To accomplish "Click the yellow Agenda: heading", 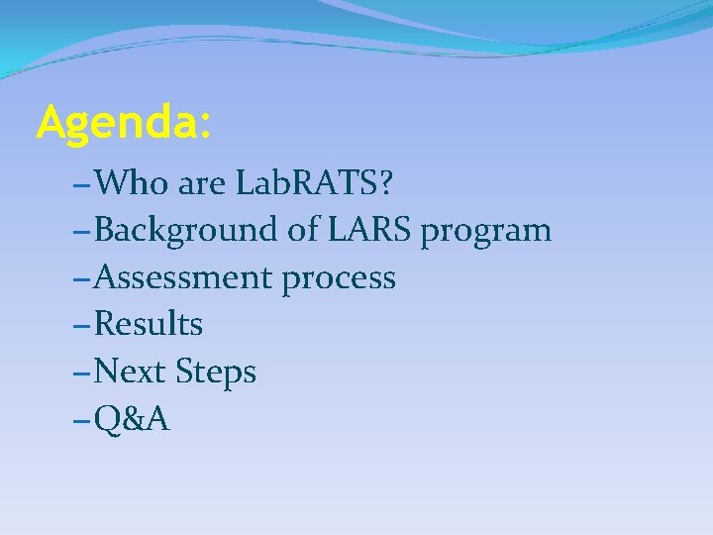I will pyautogui.click(x=123, y=124).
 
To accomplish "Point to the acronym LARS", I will pyautogui.click(x=367, y=230).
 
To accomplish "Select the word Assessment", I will pyautogui.click(x=184, y=277).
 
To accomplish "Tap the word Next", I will pyautogui.click(x=131, y=373).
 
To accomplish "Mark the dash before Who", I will pyautogui.click(x=82, y=184).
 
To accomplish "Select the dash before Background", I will pyautogui.click(x=82, y=232).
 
